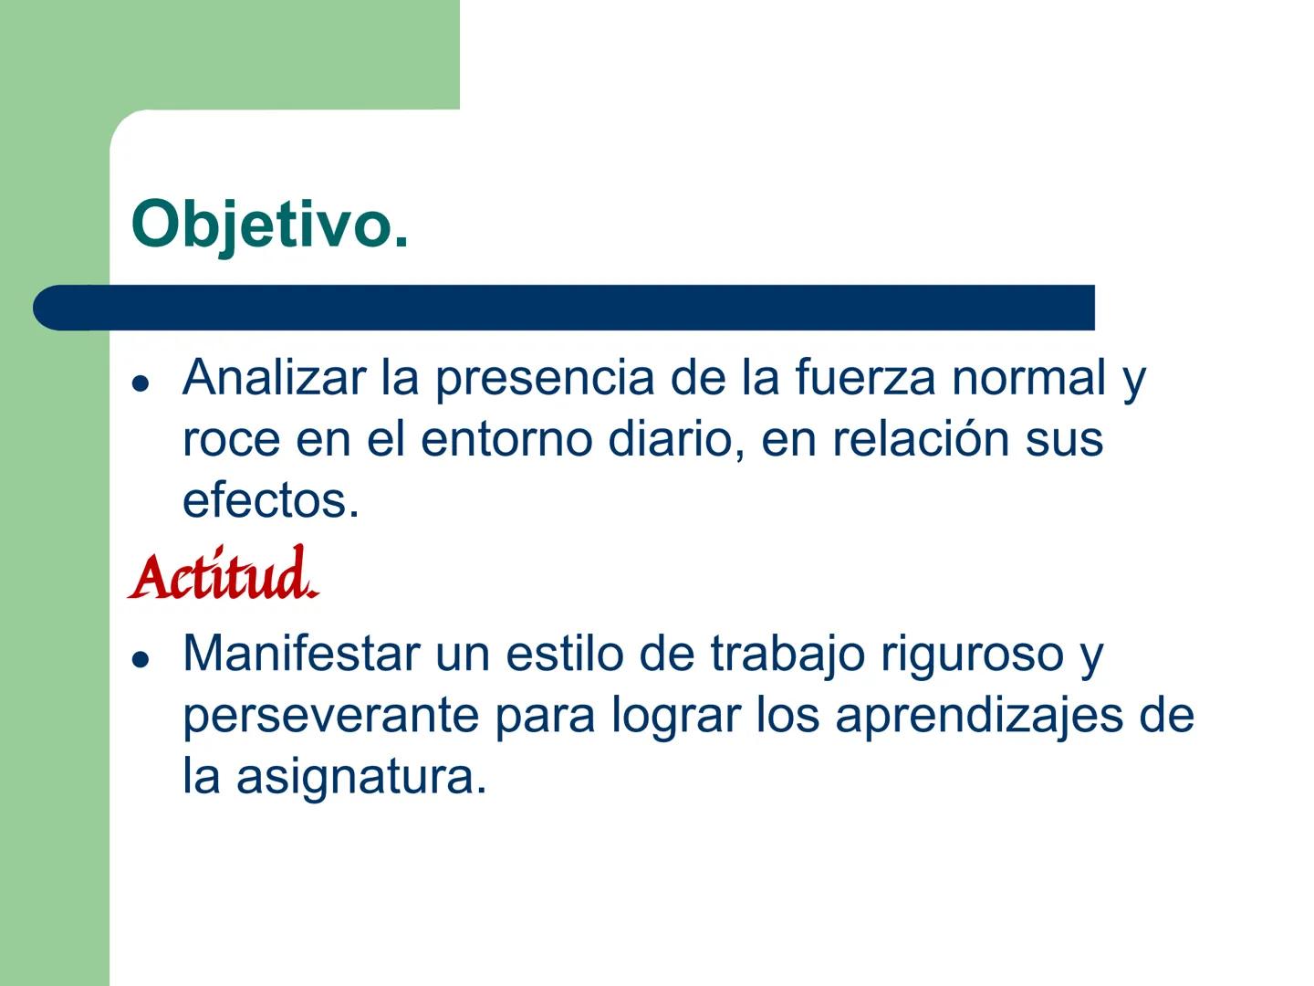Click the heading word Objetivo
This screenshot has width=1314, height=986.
(269, 225)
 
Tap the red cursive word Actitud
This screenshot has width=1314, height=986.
(224, 576)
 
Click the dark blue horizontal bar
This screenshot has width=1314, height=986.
(564, 308)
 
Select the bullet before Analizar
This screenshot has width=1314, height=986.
(140, 383)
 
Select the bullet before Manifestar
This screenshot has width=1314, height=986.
(140, 658)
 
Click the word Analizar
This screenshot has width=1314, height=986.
(274, 377)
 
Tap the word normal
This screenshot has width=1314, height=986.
(1028, 377)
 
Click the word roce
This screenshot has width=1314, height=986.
(231, 439)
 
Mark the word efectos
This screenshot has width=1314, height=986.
(271, 500)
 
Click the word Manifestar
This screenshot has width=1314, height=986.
(301, 654)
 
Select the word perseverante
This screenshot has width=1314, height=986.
(330, 716)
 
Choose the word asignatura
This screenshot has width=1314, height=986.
(361, 778)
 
